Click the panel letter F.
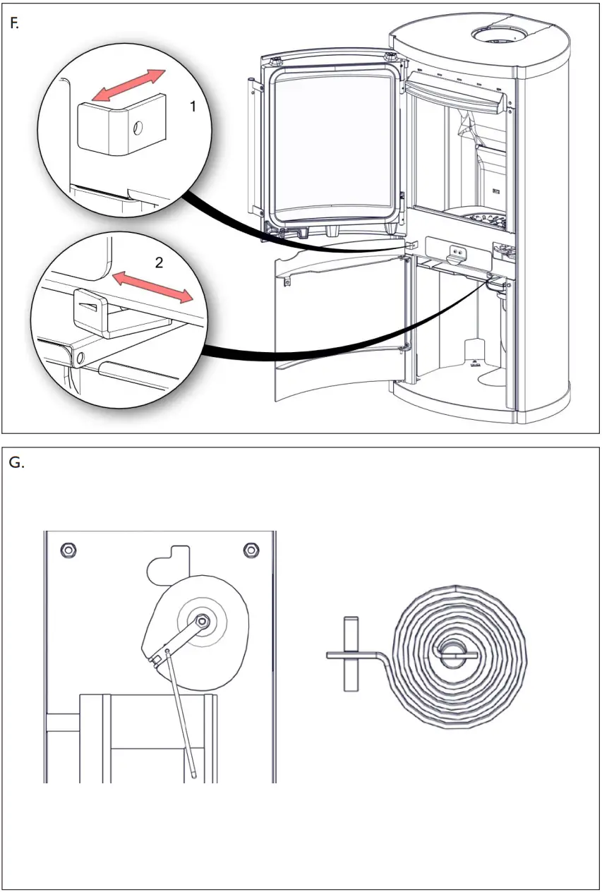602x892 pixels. click(13, 23)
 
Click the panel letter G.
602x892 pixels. click(16, 464)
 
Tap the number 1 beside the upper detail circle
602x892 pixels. click(192, 107)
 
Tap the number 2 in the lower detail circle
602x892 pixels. click(159, 263)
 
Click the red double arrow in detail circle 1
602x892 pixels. click(131, 86)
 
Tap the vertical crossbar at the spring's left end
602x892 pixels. click(349, 653)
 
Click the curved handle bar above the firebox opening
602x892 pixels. click(454, 93)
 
